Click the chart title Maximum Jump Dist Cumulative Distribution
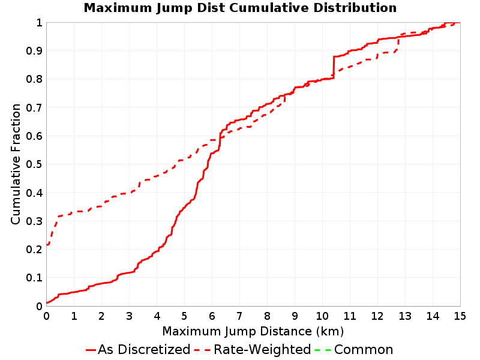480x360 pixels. click(240, 8)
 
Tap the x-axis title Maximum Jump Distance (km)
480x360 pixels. click(253, 331)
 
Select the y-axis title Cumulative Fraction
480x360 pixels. click(16, 164)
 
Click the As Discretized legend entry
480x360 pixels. click(138, 349)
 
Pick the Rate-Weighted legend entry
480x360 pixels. click(253, 349)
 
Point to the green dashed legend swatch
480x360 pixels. click(323, 350)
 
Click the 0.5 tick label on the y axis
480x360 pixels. click(34, 164)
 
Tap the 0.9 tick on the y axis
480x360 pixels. click(34, 51)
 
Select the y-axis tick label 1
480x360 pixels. click(39, 23)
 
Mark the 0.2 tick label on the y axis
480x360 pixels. click(34, 250)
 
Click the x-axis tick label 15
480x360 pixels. click(460, 316)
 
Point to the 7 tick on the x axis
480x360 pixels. click(239, 316)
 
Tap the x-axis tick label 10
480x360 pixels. click(322, 316)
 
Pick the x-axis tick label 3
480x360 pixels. click(129, 316)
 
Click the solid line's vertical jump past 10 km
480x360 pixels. click(334, 67)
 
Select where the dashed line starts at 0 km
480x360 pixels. click(47, 244)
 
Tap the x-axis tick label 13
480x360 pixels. click(404, 316)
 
